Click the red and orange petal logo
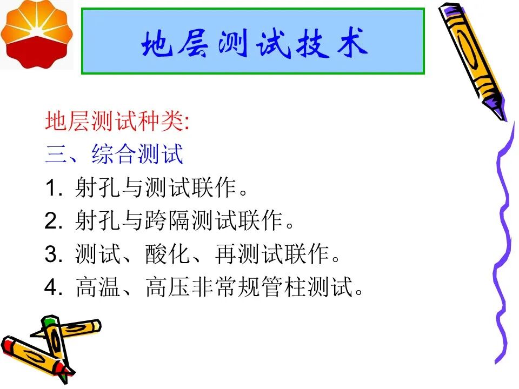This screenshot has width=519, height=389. (x=36, y=34)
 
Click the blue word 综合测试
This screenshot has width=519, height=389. (x=137, y=154)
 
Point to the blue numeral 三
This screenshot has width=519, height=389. (x=56, y=154)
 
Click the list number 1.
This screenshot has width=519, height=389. (x=52, y=188)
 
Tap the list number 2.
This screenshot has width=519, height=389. (x=52, y=221)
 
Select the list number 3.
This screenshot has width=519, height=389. (x=52, y=254)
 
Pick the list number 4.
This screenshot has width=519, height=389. (x=52, y=287)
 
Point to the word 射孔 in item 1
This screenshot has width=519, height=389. (x=98, y=187)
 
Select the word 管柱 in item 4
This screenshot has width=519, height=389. (x=283, y=287)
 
